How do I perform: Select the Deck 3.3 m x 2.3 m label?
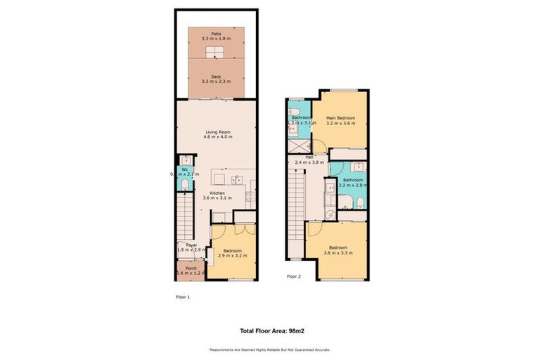click(x=216, y=79)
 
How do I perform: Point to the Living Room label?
click(x=218, y=134)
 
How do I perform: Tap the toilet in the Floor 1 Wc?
click(x=184, y=185)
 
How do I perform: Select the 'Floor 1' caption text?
click(x=183, y=297)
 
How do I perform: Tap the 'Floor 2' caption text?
click(x=294, y=276)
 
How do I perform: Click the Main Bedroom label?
click(x=340, y=120)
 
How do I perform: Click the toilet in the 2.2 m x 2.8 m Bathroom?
click(x=359, y=202)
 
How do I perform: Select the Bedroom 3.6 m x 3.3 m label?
click(x=338, y=250)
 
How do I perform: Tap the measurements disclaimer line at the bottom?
click(x=270, y=349)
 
